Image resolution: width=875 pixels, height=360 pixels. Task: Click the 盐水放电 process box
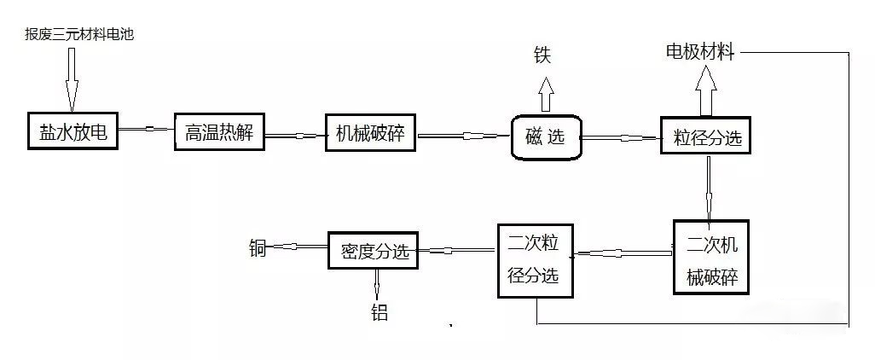point(72,131)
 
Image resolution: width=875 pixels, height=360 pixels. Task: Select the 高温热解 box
point(219,133)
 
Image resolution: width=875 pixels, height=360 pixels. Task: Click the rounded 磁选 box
point(546,136)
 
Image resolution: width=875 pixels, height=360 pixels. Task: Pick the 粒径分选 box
point(706,136)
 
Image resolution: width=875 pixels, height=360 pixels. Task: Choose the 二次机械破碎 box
point(710,259)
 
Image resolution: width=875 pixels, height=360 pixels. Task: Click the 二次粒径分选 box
point(536,260)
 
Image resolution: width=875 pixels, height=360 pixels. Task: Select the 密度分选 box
point(374,251)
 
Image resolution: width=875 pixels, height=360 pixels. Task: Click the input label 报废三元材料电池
point(81,34)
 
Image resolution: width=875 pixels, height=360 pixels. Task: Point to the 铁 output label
point(542,55)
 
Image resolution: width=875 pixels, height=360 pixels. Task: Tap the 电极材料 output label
point(700,52)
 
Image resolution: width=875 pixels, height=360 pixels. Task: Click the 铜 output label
point(258,249)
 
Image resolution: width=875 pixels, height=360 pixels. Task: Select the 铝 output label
point(379,313)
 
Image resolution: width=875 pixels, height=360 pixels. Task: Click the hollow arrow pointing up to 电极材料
point(705,90)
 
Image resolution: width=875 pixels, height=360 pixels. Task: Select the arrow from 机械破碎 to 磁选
point(463,135)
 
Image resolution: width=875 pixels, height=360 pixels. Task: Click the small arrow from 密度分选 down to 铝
point(378,283)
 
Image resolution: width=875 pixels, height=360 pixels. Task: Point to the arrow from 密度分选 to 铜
point(298,249)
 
